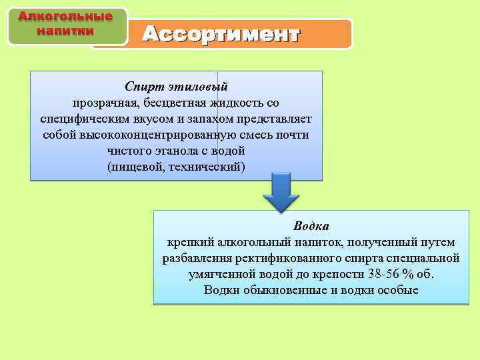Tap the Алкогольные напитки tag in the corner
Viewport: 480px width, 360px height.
click(65, 23)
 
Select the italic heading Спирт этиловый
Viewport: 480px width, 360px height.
click(176, 87)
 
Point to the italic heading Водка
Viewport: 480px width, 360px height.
click(311, 226)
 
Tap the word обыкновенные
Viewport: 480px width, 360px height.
click(283, 290)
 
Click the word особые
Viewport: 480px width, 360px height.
click(397, 290)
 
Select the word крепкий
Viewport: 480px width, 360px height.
click(188, 242)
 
